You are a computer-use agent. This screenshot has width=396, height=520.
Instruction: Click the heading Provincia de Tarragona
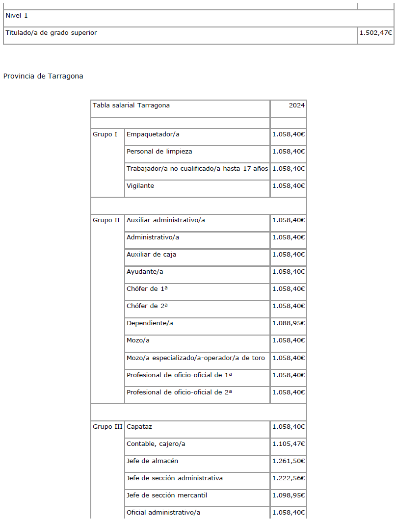click(43, 76)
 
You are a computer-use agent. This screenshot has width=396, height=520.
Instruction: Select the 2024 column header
click(297, 105)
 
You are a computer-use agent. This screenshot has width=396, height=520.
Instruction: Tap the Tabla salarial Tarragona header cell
click(131, 105)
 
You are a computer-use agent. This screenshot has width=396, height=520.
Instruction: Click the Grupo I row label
click(105, 134)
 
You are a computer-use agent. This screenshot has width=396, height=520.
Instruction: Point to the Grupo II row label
click(106, 220)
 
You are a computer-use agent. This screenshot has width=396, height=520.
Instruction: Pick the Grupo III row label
click(107, 427)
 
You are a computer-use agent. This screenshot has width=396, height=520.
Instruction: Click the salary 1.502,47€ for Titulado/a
click(375, 32)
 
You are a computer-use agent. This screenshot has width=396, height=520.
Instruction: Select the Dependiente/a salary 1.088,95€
click(289, 323)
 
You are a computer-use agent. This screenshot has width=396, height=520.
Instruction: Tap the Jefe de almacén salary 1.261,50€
click(289, 461)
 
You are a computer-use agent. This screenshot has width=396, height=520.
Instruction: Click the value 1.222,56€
click(289, 478)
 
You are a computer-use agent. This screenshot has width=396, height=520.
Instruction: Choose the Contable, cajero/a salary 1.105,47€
click(289, 444)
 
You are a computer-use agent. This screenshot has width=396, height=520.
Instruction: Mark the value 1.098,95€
click(289, 495)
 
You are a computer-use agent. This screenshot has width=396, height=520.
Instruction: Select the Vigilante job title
click(140, 186)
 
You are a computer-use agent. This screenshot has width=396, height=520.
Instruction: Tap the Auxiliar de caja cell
click(152, 255)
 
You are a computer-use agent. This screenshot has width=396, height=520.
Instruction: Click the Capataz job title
click(139, 427)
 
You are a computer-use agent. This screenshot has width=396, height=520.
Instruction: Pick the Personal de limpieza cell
click(159, 152)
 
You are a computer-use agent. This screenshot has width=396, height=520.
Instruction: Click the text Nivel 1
click(17, 16)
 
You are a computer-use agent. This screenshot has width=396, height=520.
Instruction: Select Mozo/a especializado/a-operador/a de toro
click(196, 358)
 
